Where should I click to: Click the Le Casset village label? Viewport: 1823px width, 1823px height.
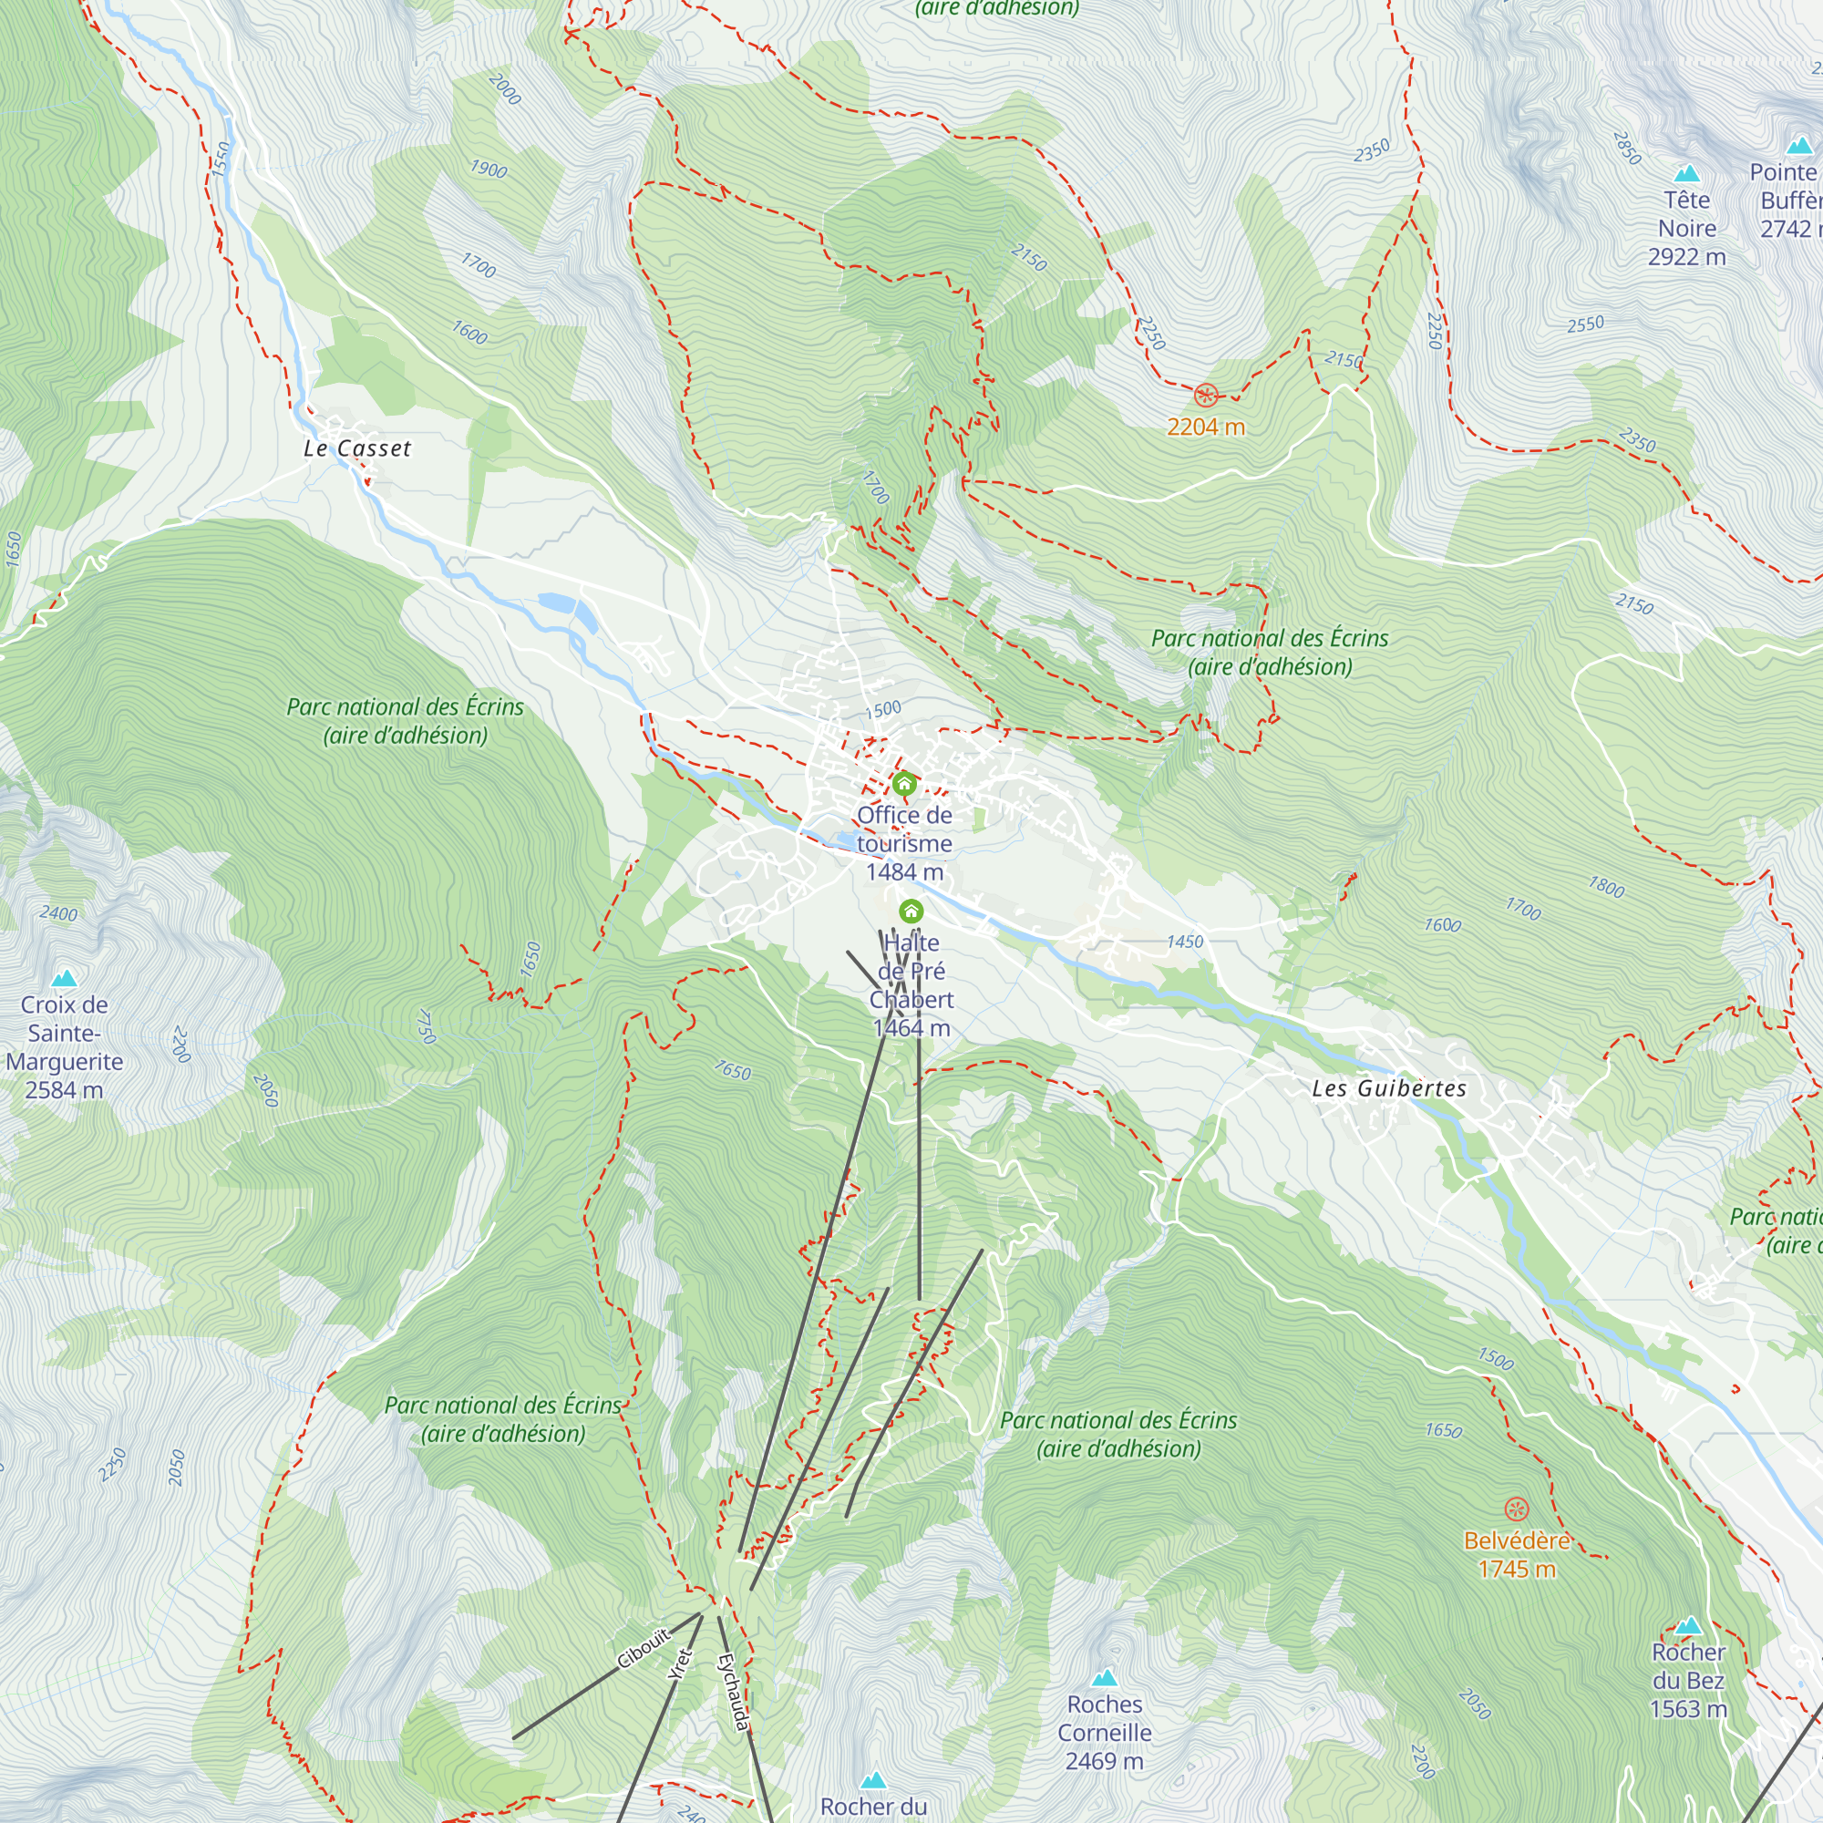356,448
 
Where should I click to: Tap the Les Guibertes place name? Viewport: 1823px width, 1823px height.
1389,1088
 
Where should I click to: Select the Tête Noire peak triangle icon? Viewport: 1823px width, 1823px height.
1686,173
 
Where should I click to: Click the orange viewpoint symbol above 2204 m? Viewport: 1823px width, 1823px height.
1205,395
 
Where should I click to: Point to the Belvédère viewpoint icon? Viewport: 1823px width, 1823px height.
1516,1509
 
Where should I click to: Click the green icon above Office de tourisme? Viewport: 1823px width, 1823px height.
904,783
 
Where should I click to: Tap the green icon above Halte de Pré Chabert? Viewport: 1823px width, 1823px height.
911,911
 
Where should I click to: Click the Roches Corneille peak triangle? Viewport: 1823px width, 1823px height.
1104,1678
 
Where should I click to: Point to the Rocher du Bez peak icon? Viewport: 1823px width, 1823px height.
1688,1625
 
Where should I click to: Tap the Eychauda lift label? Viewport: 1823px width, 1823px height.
733,1692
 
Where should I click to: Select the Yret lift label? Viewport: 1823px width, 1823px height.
679,1664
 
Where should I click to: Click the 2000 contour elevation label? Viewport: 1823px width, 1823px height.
505,88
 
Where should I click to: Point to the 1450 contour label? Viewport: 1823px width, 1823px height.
1184,941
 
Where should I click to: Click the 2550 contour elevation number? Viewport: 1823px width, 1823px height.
1585,324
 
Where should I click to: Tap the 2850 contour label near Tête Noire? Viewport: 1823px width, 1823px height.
1627,149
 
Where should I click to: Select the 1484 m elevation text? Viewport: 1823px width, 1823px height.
904,872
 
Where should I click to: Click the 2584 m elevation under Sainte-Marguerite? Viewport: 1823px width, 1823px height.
63,1090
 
